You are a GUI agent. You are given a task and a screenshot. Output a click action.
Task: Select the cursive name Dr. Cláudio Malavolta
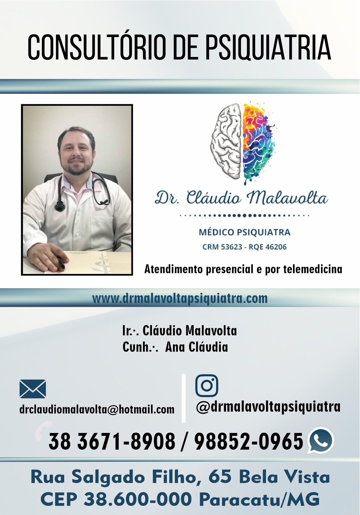pos(241,197)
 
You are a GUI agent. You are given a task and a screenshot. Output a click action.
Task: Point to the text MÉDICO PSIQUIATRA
pos(244,232)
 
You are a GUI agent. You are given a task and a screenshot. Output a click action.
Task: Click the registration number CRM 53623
pos(222,247)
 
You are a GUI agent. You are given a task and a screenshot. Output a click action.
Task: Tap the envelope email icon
pos(33,389)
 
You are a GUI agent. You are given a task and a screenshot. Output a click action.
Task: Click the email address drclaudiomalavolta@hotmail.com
pos(97,410)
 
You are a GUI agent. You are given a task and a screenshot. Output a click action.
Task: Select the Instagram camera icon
pos(206,386)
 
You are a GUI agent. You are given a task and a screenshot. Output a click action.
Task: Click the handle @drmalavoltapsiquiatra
pos(268,407)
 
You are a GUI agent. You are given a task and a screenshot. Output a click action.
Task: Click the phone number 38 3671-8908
pos(112,441)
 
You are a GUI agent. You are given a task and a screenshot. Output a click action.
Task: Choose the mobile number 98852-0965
pos(249,441)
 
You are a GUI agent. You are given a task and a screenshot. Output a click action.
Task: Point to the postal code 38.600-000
pos(138,499)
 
